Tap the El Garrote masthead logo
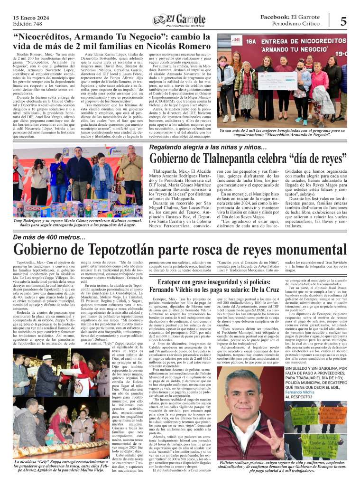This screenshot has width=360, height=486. pos(180,20)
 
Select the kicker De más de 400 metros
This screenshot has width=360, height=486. pos(47,237)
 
